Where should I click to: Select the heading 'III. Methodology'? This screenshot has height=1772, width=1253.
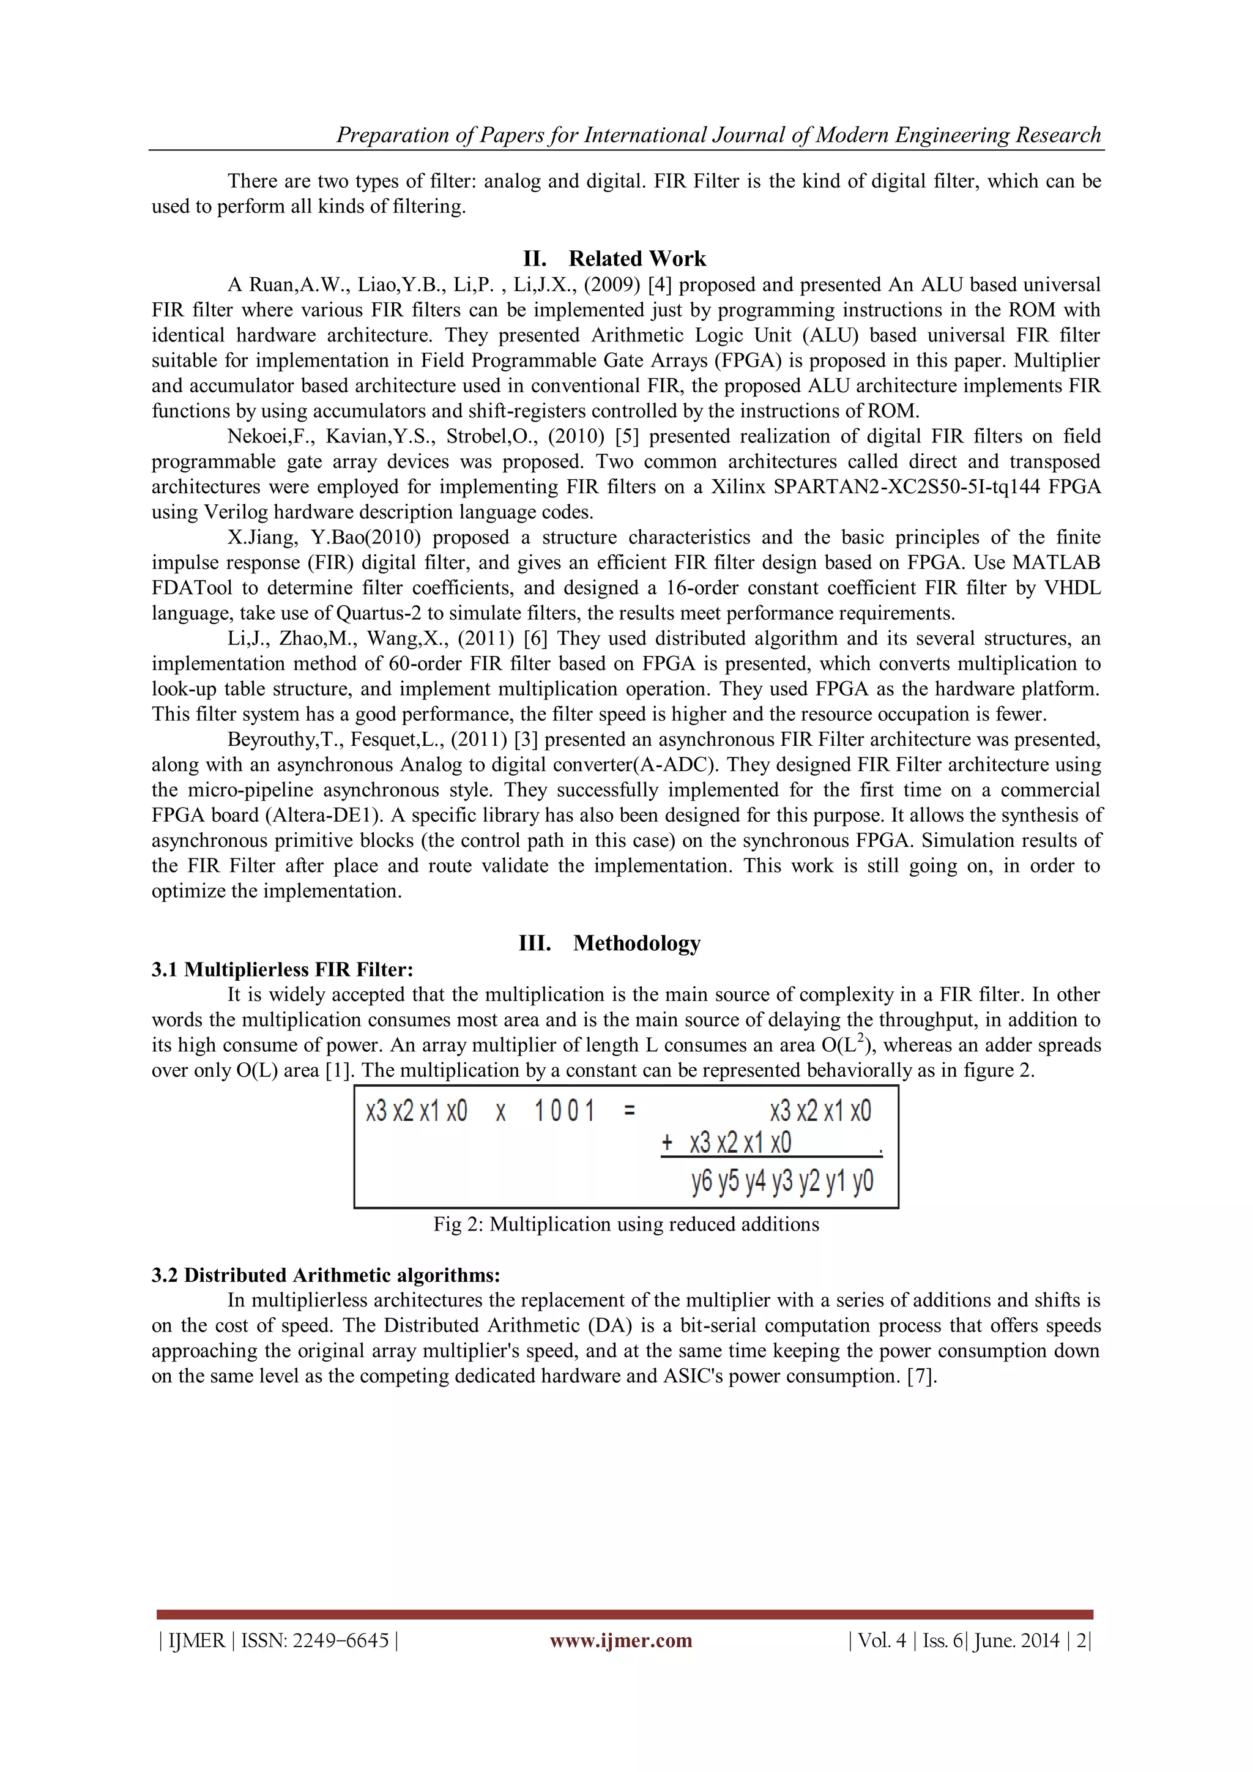[609, 943]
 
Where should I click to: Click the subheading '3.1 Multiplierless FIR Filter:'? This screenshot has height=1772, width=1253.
[283, 969]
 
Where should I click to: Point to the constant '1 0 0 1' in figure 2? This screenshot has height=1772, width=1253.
[565, 1112]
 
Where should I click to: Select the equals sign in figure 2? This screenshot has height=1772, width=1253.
[630, 1112]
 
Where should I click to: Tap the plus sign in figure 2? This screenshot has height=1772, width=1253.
[667, 1143]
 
